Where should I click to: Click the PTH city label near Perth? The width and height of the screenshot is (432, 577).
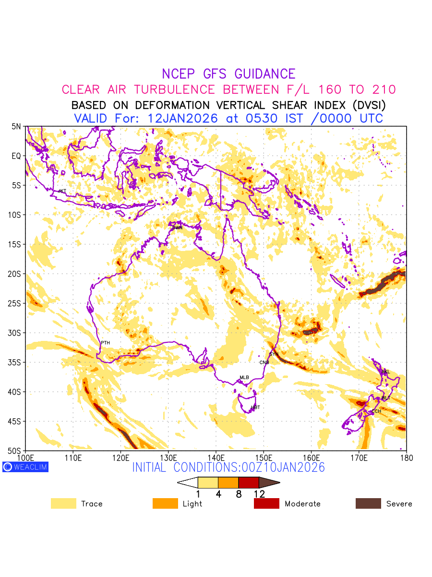tap(105, 342)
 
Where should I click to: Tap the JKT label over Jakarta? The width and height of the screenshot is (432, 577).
tap(62, 191)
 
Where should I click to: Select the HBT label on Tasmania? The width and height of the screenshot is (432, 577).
tap(255, 407)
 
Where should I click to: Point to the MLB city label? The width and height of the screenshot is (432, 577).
tap(244, 377)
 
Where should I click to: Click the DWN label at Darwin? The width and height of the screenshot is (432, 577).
tap(177, 227)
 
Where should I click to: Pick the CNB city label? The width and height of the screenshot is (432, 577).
tap(264, 362)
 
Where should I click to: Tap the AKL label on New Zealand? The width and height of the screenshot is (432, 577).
tap(385, 372)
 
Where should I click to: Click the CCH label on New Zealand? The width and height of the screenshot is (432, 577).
tap(376, 411)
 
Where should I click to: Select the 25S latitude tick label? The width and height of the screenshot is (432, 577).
tap(16, 303)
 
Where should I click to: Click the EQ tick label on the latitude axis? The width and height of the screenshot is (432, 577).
tap(17, 156)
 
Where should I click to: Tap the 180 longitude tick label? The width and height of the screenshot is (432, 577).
tap(406, 457)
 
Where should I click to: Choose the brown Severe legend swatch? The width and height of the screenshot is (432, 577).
tap(368, 503)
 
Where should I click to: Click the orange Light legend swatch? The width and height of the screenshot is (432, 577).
tap(165, 503)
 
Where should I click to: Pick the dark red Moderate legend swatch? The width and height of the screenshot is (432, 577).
tap(266, 503)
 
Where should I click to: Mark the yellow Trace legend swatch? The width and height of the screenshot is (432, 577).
tap(63, 503)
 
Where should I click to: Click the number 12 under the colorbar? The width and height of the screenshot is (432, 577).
tap(259, 494)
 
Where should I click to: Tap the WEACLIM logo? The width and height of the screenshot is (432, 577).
tap(25, 466)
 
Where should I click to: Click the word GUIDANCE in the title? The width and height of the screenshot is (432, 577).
tap(264, 74)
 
